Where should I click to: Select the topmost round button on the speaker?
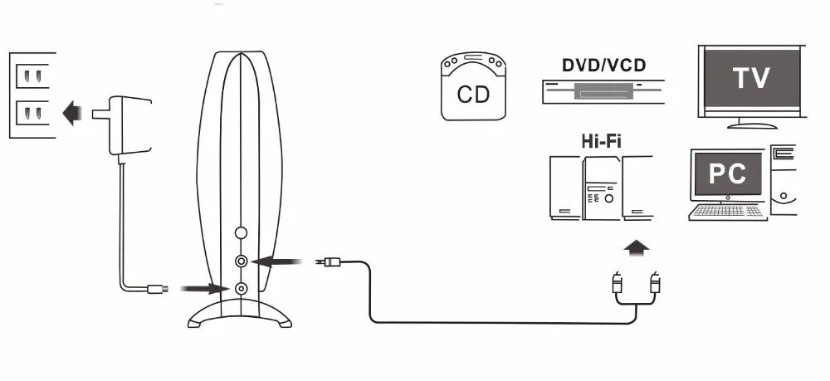[242, 235]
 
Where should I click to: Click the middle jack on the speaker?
[242, 261]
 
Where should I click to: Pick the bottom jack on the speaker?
[242, 289]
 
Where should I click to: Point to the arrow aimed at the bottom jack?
[203, 289]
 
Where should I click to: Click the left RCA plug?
[617, 282]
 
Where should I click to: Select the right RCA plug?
[657, 282]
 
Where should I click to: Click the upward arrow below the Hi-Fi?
[637, 247]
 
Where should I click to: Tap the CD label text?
[473, 93]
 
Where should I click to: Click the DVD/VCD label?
[603, 65]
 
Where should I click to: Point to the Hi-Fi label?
[602, 141]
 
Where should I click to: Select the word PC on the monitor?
[727, 174]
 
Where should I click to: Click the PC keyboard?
[728, 212]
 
